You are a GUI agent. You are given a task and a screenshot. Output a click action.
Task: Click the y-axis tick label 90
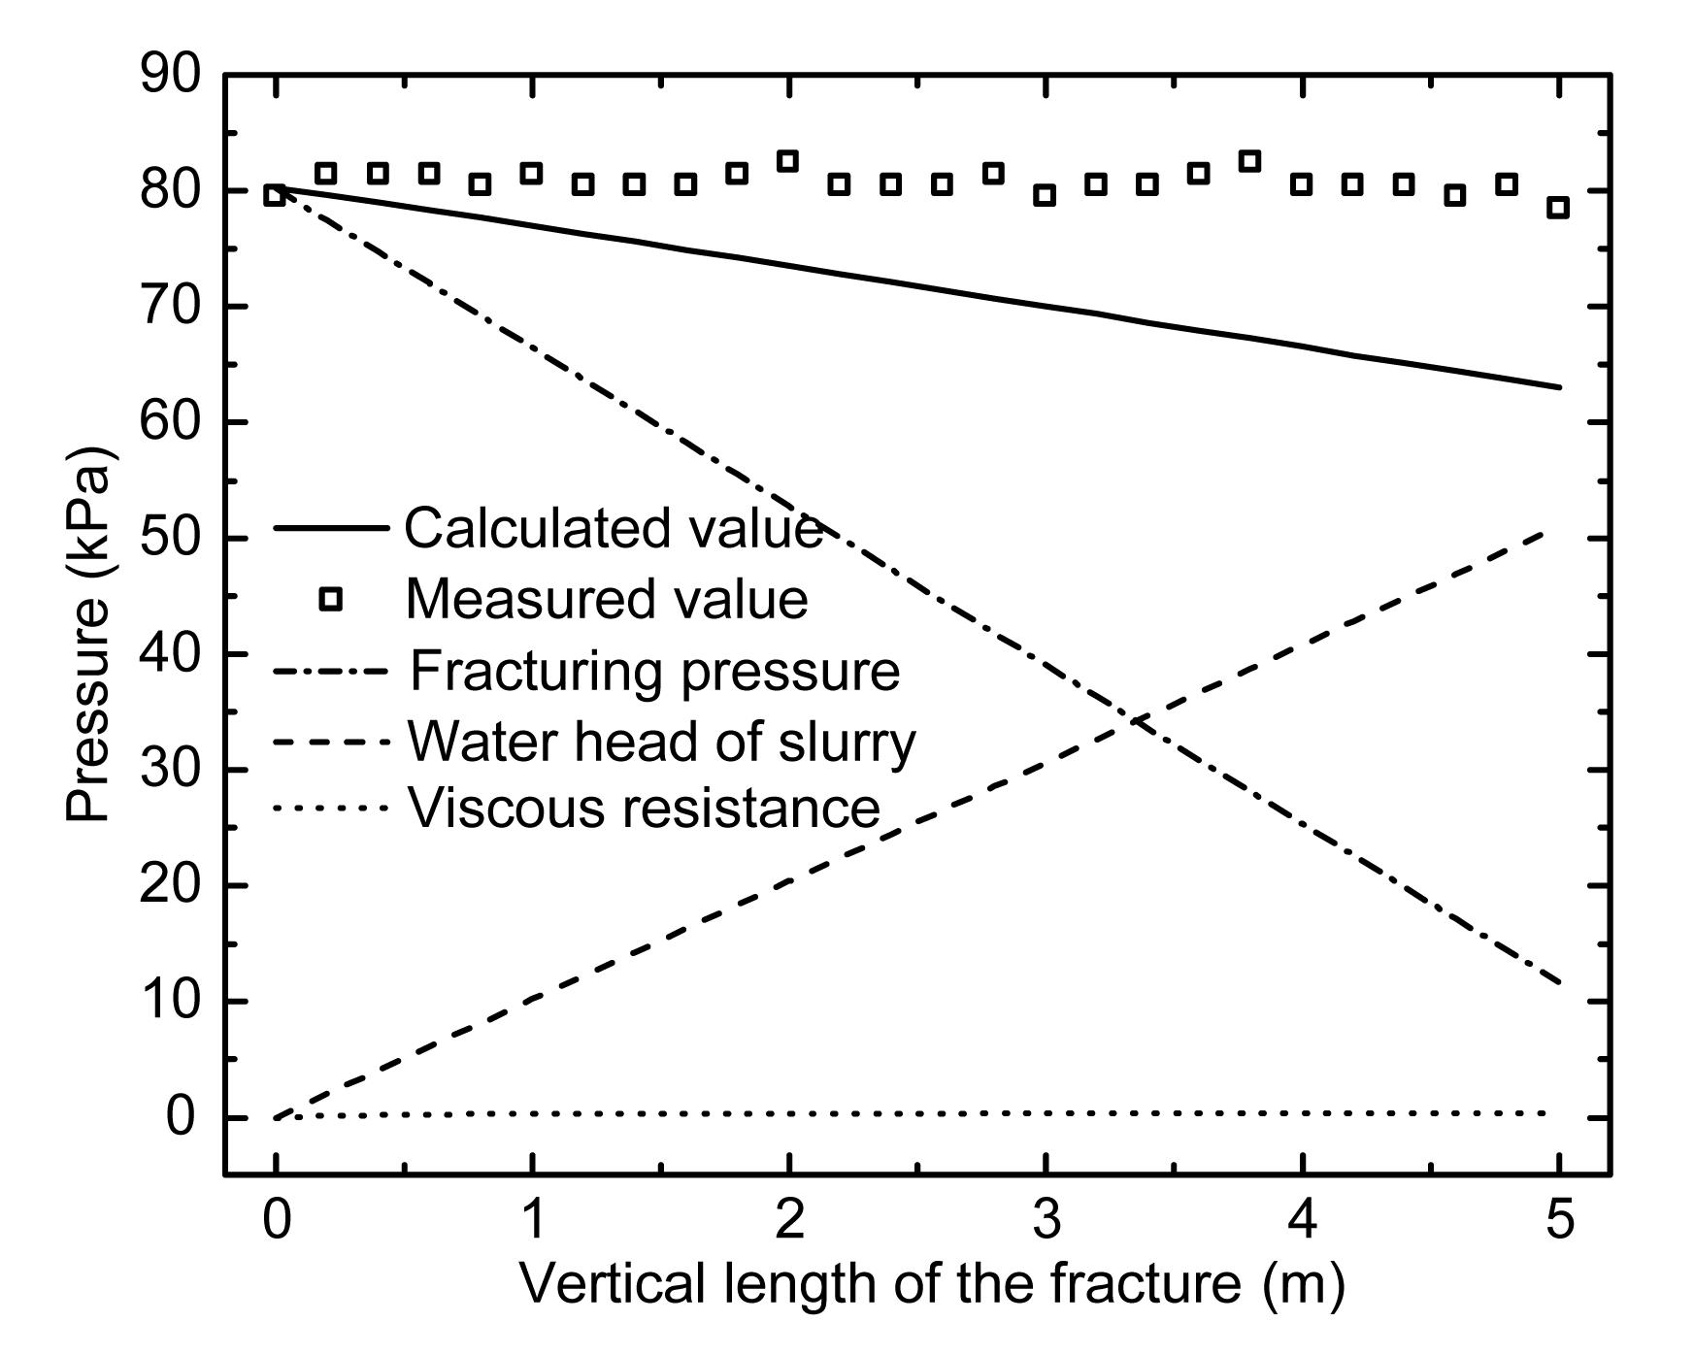point(170,75)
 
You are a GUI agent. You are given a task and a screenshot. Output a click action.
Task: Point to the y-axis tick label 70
point(170,307)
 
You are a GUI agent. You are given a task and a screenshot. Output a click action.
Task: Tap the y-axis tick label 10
point(170,1002)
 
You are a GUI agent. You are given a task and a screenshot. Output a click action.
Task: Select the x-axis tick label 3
point(1046,1220)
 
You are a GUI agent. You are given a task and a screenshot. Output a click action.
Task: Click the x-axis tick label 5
point(1558,1220)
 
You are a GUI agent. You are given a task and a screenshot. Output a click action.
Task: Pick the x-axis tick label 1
point(532,1220)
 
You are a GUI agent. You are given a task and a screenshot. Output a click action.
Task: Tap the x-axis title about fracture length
point(932,1284)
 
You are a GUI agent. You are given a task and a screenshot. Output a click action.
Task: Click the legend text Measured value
point(606,599)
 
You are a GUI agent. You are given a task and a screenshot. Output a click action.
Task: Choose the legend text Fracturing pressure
point(655,671)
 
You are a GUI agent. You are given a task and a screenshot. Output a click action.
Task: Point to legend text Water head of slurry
point(661,743)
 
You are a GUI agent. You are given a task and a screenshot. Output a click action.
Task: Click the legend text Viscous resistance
point(644,808)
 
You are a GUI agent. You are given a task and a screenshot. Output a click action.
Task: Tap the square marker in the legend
point(331,599)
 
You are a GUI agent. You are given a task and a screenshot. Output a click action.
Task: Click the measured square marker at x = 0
point(276,195)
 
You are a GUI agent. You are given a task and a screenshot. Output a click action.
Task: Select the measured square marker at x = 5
point(1558,207)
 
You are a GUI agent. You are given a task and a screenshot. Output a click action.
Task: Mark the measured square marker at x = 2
point(788,161)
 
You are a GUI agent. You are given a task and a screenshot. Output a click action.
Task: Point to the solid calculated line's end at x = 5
point(1558,387)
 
